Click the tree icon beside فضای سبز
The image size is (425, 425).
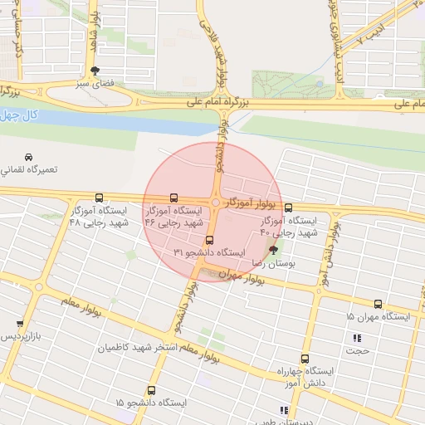(x=94, y=71)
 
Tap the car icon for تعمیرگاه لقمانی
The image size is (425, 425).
(x=27, y=158)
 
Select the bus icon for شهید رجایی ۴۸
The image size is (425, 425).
(x=100, y=198)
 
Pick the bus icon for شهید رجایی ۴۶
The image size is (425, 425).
(x=173, y=198)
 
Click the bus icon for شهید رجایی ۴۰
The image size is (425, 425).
(x=288, y=208)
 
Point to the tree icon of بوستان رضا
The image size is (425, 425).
(x=274, y=248)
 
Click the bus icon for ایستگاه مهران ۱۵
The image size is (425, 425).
(x=379, y=305)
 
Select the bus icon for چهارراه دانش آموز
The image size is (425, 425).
(x=305, y=359)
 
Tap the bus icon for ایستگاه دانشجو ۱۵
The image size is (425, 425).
(x=151, y=390)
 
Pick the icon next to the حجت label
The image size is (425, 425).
(x=357, y=338)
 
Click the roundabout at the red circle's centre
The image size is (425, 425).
(x=215, y=203)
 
